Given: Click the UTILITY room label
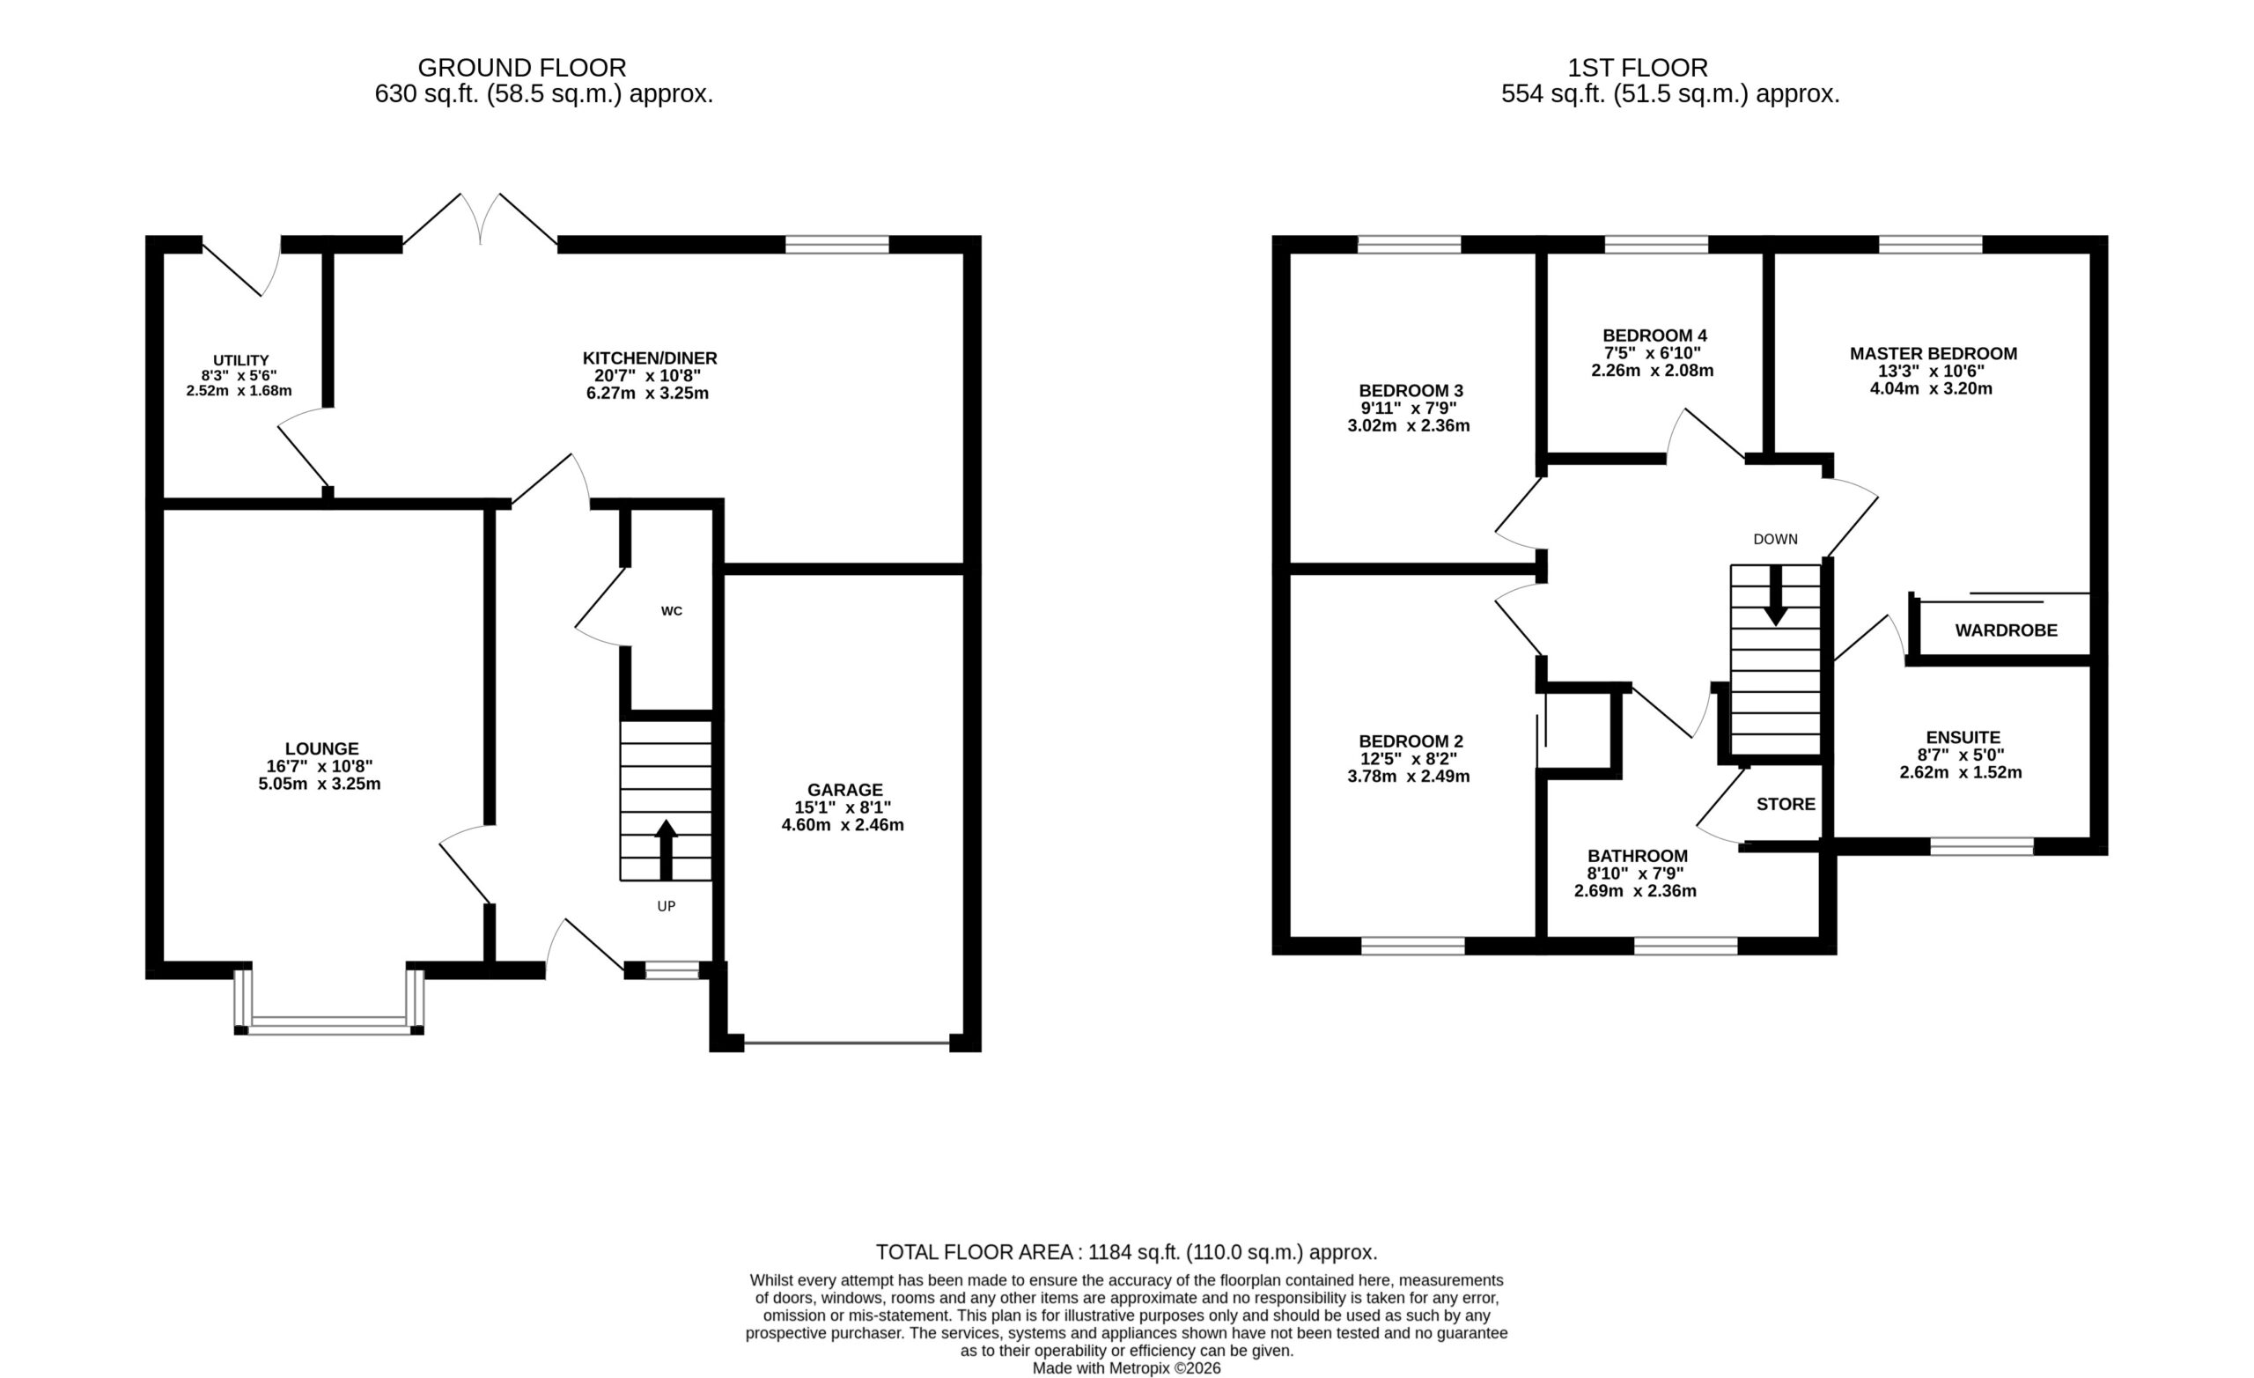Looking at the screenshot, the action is [x=240, y=360].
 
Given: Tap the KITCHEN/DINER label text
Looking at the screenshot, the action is [x=650, y=358].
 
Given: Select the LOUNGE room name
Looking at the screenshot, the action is [x=321, y=748].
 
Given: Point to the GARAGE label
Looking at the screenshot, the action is [x=844, y=790].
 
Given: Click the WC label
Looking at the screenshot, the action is [x=672, y=611].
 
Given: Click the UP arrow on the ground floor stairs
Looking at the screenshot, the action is [x=666, y=850].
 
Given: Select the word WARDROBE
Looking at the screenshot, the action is [x=2006, y=630].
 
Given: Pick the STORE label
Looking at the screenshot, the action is [x=1786, y=804].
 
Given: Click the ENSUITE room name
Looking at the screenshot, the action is [x=1963, y=738].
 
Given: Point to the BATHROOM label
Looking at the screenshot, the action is [x=1638, y=856].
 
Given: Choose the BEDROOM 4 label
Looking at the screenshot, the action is [x=1654, y=335].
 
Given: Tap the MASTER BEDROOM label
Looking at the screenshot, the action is [x=1933, y=354].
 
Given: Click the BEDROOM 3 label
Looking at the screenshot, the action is [x=1411, y=392].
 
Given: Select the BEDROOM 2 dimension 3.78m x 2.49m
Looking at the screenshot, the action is [x=1409, y=777].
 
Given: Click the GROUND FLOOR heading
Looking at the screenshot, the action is [x=521, y=68].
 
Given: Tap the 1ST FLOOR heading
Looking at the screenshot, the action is [x=1638, y=68].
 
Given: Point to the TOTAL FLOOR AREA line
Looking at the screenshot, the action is [x=1127, y=1253].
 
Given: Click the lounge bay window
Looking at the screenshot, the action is [x=329, y=1025].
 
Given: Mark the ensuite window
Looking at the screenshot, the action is [x=1981, y=846].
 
